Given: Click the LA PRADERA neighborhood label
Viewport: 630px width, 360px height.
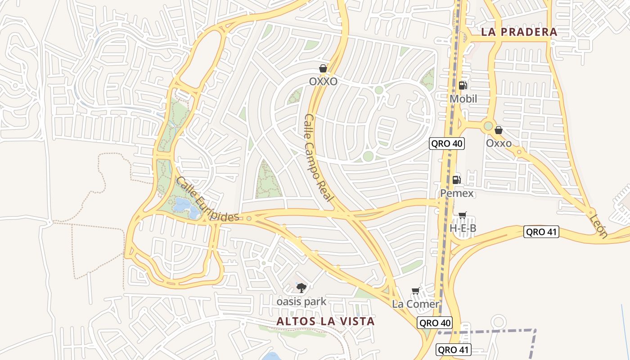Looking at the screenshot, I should point(519,32).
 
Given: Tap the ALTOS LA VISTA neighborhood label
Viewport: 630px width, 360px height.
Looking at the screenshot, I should point(325,321).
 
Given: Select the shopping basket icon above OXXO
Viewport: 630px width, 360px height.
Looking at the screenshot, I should point(323,68).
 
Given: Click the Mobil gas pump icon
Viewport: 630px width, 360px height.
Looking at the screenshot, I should point(463,85).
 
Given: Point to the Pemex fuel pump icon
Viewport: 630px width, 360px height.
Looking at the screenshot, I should point(456,180).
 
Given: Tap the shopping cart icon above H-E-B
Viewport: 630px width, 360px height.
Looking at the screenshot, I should point(462,215).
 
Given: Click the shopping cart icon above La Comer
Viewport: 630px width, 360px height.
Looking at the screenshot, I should point(415,291).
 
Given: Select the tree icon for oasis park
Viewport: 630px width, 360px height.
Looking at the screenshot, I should point(301,288).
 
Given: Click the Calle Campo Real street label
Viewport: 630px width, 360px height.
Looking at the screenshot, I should point(319,157).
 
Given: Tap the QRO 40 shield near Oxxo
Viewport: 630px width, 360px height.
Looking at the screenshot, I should point(446,144).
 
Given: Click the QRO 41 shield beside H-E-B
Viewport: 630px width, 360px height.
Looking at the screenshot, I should point(541,232).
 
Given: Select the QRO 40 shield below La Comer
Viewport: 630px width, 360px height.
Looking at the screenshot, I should point(434,323).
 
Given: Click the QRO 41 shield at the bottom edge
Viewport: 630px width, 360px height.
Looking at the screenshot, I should point(454,350).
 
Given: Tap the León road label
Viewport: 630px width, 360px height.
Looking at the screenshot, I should point(598,226).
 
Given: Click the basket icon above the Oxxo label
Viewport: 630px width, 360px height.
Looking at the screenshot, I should point(498,130).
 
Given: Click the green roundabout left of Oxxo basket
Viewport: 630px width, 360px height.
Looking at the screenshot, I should point(488,126).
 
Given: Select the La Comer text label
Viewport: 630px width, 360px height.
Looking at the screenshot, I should point(415,304).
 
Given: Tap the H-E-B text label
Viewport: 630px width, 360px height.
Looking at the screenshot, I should point(463,229).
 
